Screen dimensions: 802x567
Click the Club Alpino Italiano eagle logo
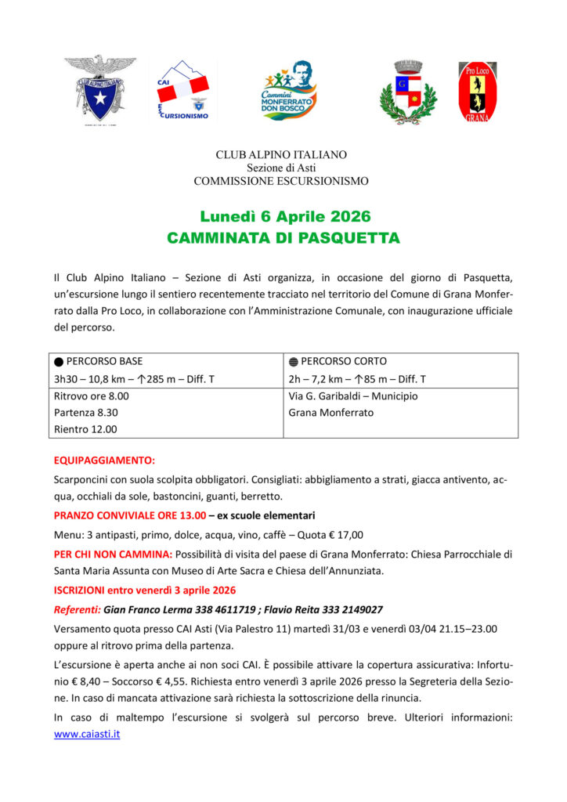point(99,89)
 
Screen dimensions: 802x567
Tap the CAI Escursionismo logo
point(182,89)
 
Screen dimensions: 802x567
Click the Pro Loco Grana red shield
point(477,92)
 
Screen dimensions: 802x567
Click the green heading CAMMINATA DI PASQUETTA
point(283,237)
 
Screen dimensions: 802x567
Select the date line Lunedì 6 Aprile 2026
point(284,216)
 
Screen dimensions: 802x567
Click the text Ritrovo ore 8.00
point(92,396)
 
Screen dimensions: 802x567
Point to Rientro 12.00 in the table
point(85,429)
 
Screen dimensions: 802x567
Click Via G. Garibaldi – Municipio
point(352,396)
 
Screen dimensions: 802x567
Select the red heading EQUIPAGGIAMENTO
point(104,460)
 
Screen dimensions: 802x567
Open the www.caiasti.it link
point(87,735)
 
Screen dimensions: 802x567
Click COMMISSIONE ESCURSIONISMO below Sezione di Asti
point(281,181)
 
